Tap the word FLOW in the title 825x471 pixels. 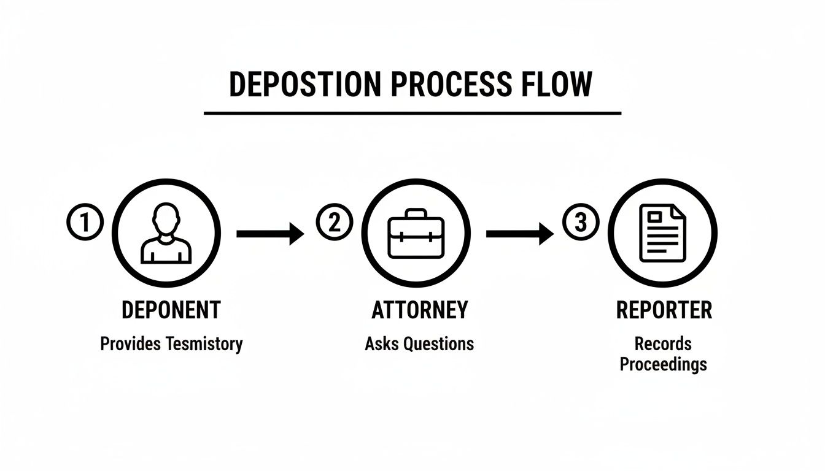pyautogui.click(x=557, y=85)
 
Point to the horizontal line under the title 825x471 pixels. pyautogui.click(x=412, y=113)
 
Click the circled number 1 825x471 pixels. pyautogui.click(x=84, y=223)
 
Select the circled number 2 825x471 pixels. pyautogui.click(x=334, y=223)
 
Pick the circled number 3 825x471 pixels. pyautogui.click(x=581, y=223)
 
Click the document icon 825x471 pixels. pyautogui.click(x=663, y=234)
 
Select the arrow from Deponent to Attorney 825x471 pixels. pyautogui.click(x=269, y=234)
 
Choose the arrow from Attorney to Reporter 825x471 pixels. pyautogui.click(x=519, y=234)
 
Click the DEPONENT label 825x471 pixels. pyautogui.click(x=171, y=310)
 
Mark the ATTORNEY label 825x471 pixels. pyautogui.click(x=419, y=310)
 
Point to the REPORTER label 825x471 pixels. pyautogui.click(x=664, y=310)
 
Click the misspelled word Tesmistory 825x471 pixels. pyautogui.click(x=204, y=343)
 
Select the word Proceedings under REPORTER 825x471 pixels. pyautogui.click(x=663, y=364)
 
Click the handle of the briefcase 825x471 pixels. pyautogui.click(x=416, y=214)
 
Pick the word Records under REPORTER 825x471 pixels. pyautogui.click(x=663, y=343)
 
